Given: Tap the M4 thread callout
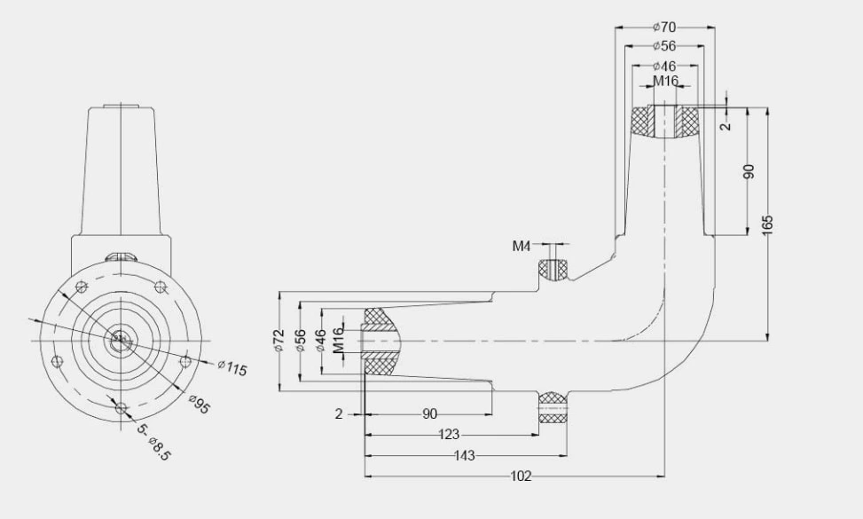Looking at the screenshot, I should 522,245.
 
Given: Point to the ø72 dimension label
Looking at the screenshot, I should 279,341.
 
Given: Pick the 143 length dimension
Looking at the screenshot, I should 464,455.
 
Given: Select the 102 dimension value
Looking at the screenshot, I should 522,476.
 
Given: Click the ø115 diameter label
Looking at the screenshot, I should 232,368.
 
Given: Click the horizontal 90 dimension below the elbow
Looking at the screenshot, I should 428,414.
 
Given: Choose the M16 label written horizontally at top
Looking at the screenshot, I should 665,81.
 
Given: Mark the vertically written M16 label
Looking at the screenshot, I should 338,341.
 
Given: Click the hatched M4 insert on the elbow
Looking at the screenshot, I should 554,269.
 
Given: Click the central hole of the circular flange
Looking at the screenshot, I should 120,338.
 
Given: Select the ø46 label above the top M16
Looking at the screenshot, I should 665,66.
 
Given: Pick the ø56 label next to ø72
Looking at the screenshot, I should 301,341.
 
